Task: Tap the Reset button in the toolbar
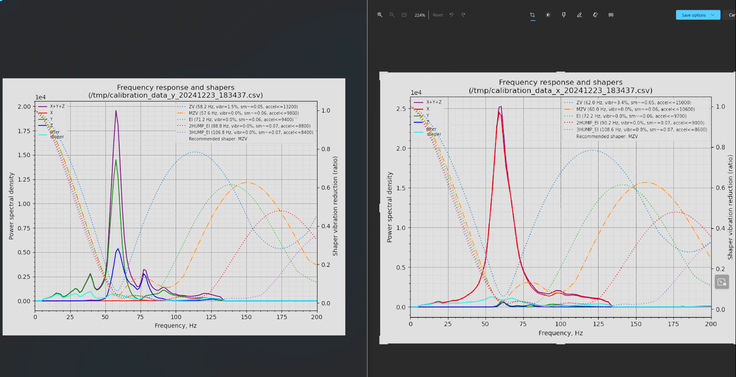coord(437,15)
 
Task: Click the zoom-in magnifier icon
coord(380,15)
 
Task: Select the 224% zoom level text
coord(420,15)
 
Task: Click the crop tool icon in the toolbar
coord(532,15)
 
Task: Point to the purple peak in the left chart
coord(116,111)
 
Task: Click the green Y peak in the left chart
coord(116,160)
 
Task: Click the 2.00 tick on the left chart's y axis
coord(24,107)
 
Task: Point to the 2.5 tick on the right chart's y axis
coord(401,109)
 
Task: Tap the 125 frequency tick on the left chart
coord(211,317)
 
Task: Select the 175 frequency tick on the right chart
coord(673,324)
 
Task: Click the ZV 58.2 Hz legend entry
coord(243,107)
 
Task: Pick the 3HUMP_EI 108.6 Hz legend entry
coord(641,129)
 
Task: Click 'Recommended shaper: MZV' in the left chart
coord(218,139)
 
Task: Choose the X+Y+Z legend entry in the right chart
coord(434,102)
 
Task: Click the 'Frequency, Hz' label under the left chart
coord(176,326)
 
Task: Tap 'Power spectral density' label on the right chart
coord(389,207)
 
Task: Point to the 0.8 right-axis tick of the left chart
coord(326,149)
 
